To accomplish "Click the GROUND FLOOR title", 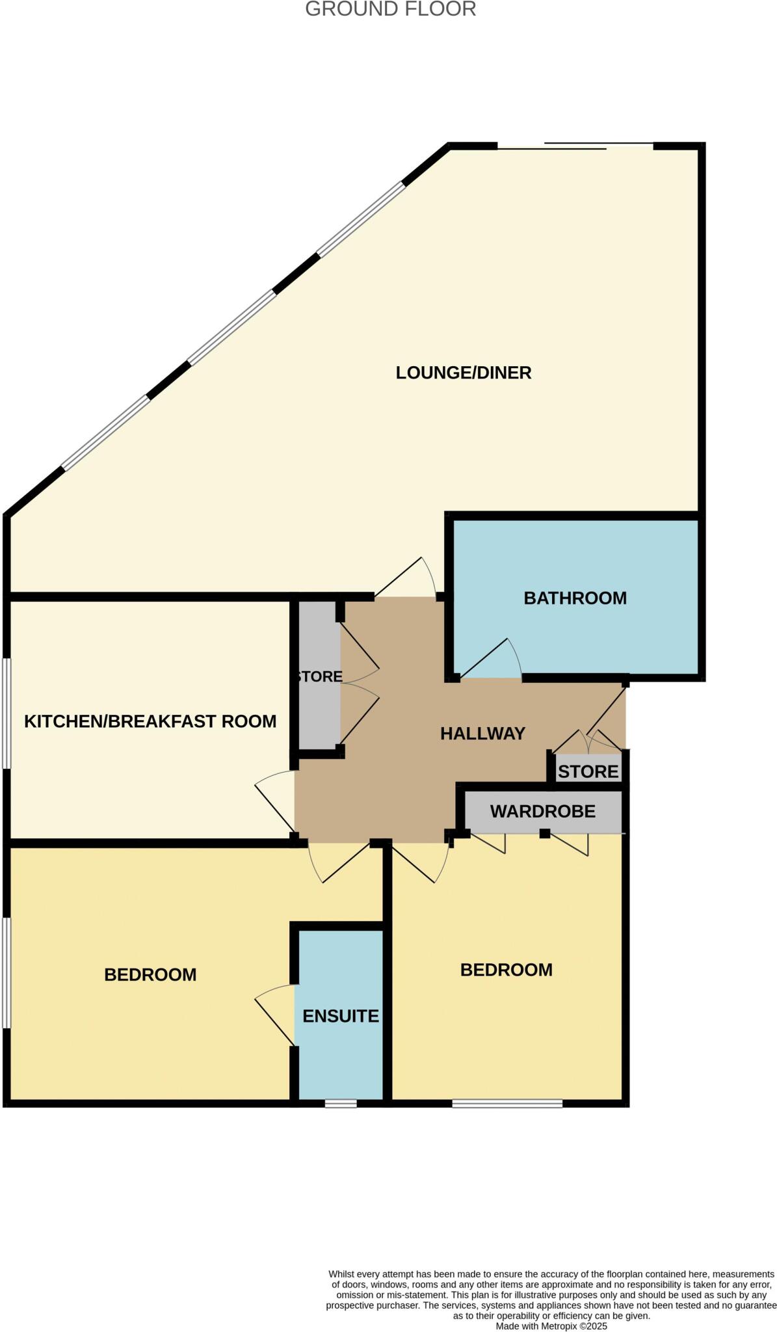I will [390, 9].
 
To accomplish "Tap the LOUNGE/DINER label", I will [464, 373].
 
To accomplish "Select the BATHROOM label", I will [575, 598].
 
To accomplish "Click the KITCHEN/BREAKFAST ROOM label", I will [150, 721].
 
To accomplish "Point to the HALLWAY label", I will [482, 734].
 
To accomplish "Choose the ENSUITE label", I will [341, 1016].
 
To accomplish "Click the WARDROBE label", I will [543, 812].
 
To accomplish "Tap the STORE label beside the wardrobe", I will [588, 772].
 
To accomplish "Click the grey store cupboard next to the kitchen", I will [317, 676].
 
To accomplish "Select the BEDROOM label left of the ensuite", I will [150, 974].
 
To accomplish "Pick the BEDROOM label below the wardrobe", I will [507, 970].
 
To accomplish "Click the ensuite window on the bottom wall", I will [341, 1104].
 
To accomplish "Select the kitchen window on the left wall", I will [6, 713].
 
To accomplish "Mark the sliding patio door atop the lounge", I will [575, 146].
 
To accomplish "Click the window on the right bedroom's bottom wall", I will [507, 1104].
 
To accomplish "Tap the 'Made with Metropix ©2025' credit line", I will [551, 1325].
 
